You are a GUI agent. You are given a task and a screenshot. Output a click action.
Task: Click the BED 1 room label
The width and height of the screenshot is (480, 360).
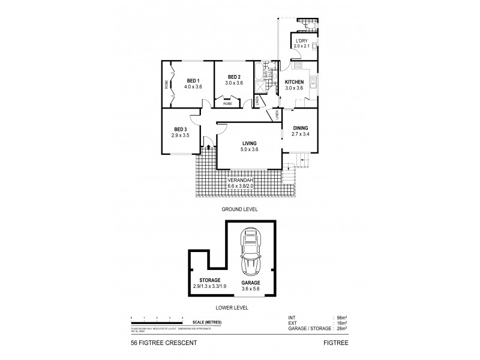(193, 81)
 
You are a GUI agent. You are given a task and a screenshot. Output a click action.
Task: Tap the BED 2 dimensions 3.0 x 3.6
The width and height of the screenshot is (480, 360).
(235, 83)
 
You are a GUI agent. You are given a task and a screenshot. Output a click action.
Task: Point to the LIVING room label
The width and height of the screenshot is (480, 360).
(249, 143)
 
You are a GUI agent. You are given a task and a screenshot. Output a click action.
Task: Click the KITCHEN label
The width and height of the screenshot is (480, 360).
(294, 82)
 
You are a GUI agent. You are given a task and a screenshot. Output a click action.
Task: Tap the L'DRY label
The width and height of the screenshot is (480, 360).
(300, 40)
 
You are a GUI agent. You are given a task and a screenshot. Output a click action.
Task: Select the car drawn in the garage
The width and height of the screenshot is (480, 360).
(250, 252)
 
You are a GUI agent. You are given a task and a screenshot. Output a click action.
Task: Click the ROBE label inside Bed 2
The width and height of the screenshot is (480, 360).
(227, 104)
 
